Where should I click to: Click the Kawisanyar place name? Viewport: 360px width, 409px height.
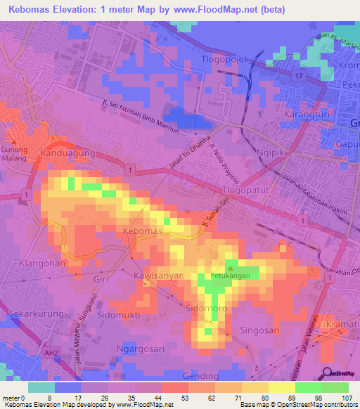coord(158,278)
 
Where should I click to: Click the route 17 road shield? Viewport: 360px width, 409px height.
coord(298,76)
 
